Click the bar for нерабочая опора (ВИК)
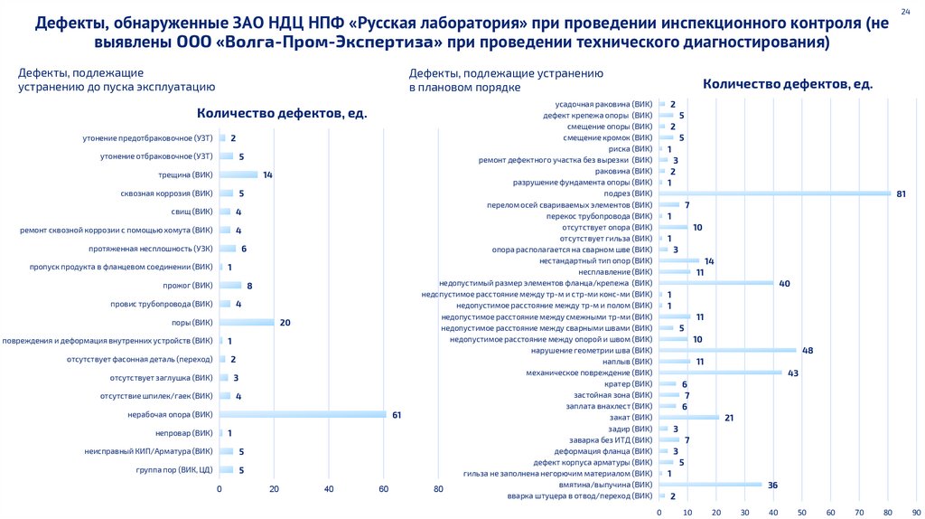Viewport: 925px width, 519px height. click(303, 415)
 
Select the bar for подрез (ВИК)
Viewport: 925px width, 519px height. click(775, 193)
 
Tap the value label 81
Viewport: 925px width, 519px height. click(902, 193)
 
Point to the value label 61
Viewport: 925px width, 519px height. click(396, 415)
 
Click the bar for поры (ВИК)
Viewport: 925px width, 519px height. click(247, 323)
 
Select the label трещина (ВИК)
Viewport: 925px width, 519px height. click(187, 175)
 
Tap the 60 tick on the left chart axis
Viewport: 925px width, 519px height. click(384, 489)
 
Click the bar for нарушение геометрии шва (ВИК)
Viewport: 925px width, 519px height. click(728, 350)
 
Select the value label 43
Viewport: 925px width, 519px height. click(793, 373)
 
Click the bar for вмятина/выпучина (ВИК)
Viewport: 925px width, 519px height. click(711, 485)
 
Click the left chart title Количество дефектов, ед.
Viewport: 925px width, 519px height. click(283, 114)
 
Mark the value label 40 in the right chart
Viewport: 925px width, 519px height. click(785, 283)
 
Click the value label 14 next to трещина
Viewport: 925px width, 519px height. click(267, 175)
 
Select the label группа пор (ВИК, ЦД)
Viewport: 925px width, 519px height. click(174, 469)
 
